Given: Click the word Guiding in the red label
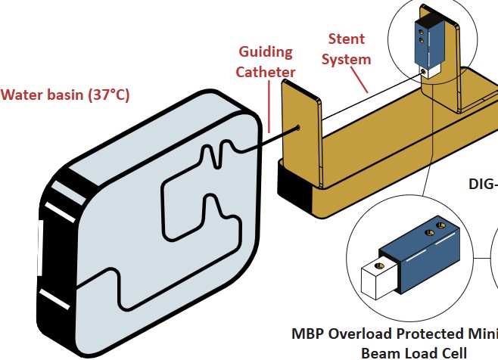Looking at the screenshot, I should click(266, 52).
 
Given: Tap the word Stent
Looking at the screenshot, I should click(347, 39).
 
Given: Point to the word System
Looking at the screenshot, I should click(347, 58).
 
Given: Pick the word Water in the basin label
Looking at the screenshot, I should click(20, 95).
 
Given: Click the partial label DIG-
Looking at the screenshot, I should click(483, 184).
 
